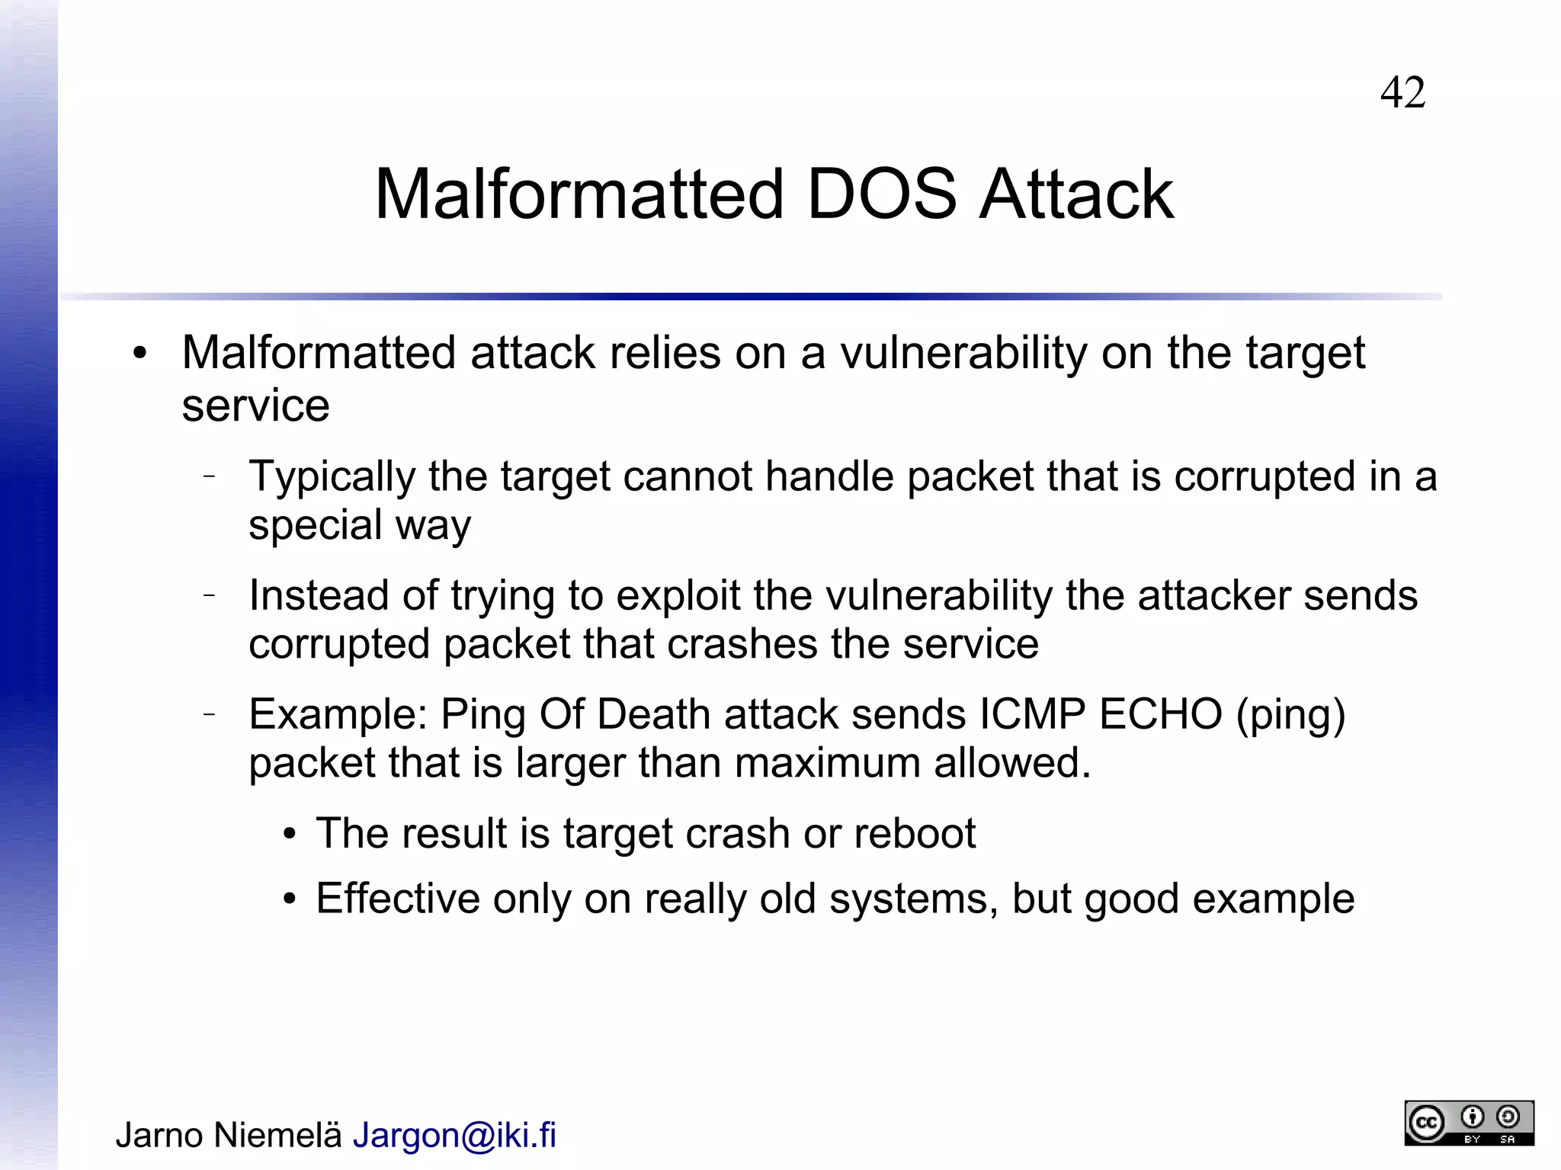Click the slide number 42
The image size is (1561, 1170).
click(1402, 93)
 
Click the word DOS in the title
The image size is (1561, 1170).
click(880, 194)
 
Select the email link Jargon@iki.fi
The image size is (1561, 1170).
click(454, 1135)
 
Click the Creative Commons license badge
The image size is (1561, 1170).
click(1469, 1123)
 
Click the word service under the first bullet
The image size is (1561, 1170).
click(255, 405)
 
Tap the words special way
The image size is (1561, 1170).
click(360, 525)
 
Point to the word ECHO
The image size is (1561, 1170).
click(1160, 714)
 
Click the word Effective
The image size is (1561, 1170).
click(397, 899)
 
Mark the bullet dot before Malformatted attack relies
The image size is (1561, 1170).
click(139, 354)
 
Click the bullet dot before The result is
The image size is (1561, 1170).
click(289, 835)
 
